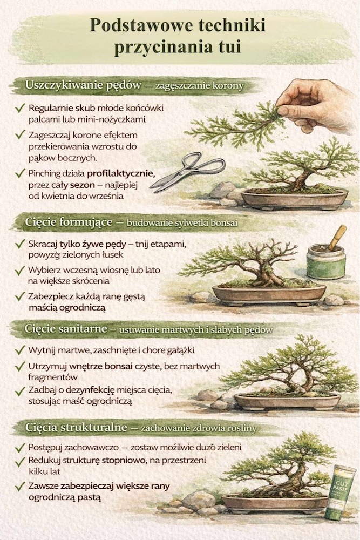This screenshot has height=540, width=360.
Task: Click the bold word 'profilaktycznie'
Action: pos(121,174)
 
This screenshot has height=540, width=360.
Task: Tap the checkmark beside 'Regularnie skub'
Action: pos(21,108)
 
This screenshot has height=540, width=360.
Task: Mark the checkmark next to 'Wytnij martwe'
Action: pos(21,350)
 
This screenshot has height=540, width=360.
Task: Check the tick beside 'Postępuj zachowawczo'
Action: pos(21,448)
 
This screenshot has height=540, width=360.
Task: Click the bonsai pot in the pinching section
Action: pos(294,199)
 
